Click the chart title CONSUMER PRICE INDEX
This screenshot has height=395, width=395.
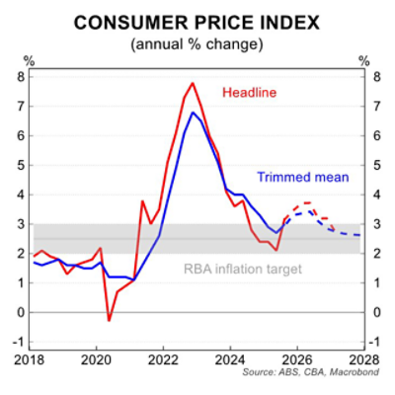[x=197, y=23]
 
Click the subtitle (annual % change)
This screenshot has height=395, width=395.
[x=197, y=43]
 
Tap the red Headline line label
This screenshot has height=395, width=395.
[x=248, y=93]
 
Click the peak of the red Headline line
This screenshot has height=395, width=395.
[x=193, y=83]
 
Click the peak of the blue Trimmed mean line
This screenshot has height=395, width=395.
[x=194, y=113]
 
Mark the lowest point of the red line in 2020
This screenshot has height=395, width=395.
[x=109, y=320]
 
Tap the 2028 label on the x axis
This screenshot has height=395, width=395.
[x=361, y=361]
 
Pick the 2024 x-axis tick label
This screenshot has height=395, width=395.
[x=230, y=361]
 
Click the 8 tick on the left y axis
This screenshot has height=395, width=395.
[x=20, y=76]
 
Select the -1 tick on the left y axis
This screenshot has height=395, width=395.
[x=18, y=342]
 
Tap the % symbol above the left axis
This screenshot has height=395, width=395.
[x=28, y=61]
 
